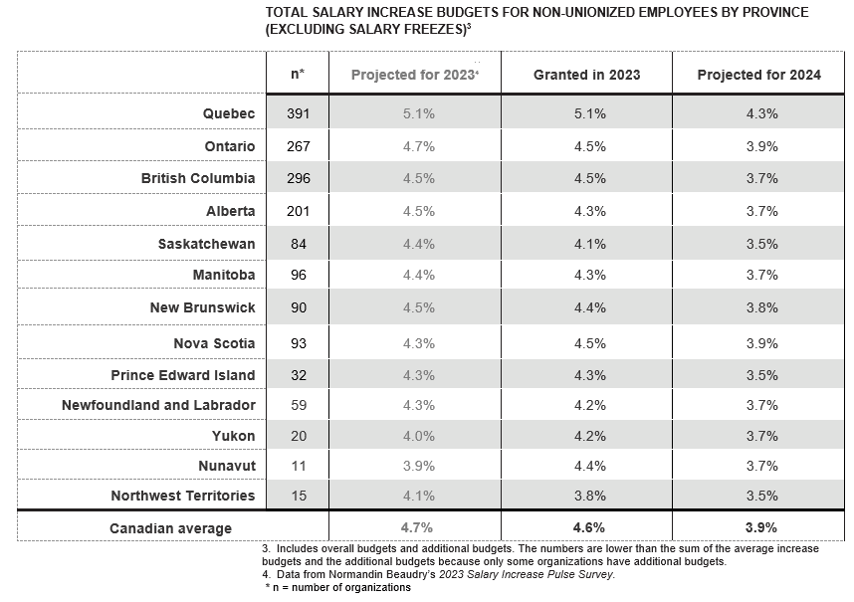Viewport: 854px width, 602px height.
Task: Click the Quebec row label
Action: pyautogui.click(x=229, y=113)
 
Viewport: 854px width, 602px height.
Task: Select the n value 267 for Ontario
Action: pyautogui.click(x=299, y=146)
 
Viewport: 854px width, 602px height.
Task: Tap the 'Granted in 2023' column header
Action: pyautogui.click(x=586, y=75)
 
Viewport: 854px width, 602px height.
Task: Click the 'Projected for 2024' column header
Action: pyautogui.click(x=758, y=75)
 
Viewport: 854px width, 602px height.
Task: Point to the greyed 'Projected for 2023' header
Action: pyautogui.click(x=414, y=75)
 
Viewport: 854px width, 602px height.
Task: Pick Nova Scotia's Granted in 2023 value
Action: pyautogui.click(x=590, y=343)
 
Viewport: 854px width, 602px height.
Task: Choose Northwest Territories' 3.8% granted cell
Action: pyautogui.click(x=590, y=496)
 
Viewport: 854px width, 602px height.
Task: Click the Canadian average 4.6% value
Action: pyautogui.click(x=589, y=527)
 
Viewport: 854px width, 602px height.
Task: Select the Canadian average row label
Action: pyautogui.click(x=170, y=528)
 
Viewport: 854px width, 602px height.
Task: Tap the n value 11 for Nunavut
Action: pyautogui.click(x=299, y=466)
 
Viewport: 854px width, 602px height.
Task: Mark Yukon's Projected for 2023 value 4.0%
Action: pyautogui.click(x=419, y=436)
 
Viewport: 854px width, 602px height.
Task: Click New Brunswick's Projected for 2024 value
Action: pyautogui.click(x=762, y=307)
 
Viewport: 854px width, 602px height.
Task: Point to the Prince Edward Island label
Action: pyautogui.click(x=183, y=375)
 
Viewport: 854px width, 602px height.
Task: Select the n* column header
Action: pyautogui.click(x=298, y=74)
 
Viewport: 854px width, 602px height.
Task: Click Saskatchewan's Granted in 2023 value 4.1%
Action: pyautogui.click(x=590, y=244)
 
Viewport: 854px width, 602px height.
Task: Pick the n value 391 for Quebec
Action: pyautogui.click(x=299, y=113)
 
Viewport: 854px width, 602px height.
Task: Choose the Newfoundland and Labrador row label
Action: pyautogui.click(x=158, y=405)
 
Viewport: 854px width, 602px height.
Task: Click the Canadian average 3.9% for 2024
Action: pyautogui.click(x=760, y=527)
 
